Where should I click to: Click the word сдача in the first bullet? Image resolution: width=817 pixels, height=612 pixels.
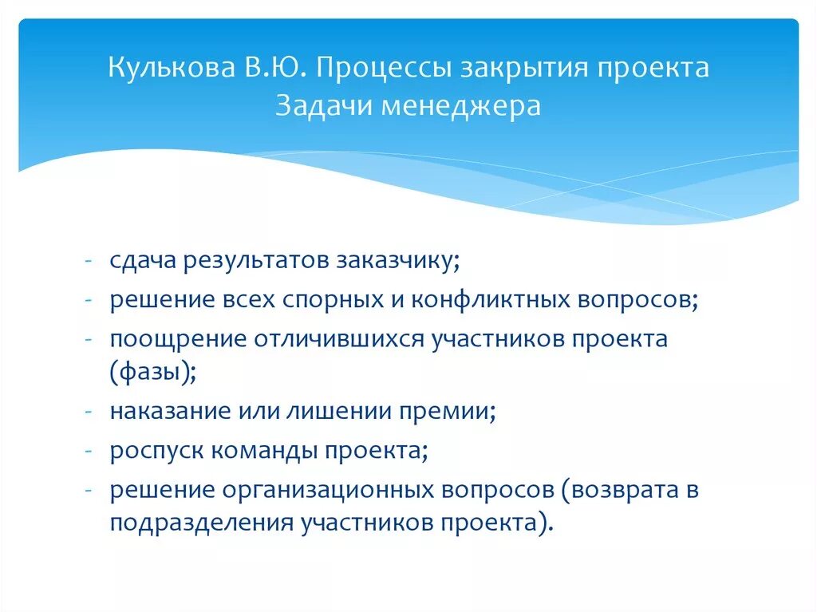142,262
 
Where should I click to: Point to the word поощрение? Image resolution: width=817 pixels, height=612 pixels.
178,338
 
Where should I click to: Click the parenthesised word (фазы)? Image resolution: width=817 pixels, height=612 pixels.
151,373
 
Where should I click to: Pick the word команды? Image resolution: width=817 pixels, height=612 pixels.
253,451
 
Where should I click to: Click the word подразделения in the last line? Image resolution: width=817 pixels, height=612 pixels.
201,524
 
